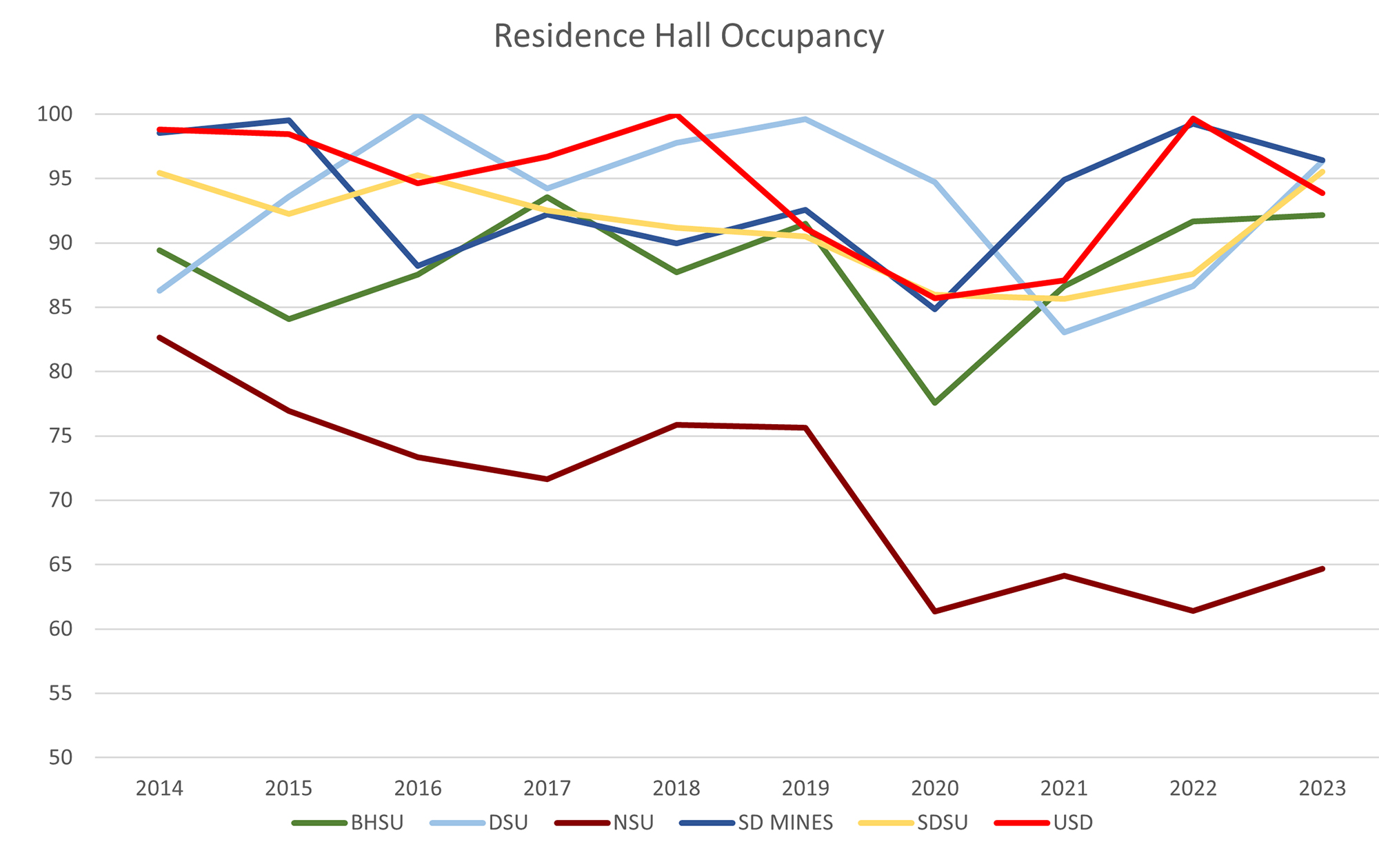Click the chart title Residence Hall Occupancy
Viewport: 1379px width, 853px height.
688,36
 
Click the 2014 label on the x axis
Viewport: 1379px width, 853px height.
159,788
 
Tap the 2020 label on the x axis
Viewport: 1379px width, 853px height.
935,788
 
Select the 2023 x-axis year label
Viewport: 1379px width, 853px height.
1322,788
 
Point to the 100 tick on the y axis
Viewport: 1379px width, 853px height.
54,114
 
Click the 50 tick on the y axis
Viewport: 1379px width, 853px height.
61,757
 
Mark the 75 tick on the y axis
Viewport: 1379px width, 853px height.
61,436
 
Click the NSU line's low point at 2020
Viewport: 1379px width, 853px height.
935,612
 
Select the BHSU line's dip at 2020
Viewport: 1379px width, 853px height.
935,403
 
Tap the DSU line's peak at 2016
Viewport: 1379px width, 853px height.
418,114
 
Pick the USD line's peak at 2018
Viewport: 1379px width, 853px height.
676,114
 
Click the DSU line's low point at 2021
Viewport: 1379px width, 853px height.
1064,332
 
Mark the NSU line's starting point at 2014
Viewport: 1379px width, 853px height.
159,338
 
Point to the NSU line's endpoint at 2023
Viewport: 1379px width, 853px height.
1322,569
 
